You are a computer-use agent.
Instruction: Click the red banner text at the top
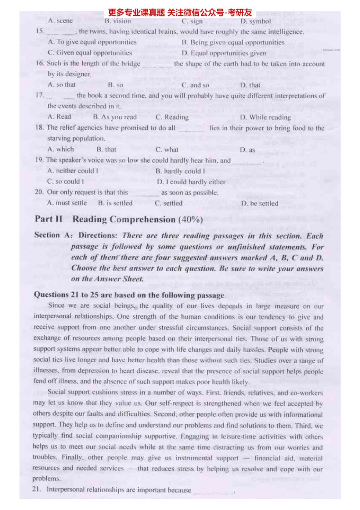180,13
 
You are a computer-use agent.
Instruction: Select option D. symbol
255,21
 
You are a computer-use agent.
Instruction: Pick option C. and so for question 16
195,85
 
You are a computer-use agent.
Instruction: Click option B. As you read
115,117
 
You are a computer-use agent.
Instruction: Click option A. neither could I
73,171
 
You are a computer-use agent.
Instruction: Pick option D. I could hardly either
191,182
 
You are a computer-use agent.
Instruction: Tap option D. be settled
260,204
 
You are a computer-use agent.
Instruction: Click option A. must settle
67,203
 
